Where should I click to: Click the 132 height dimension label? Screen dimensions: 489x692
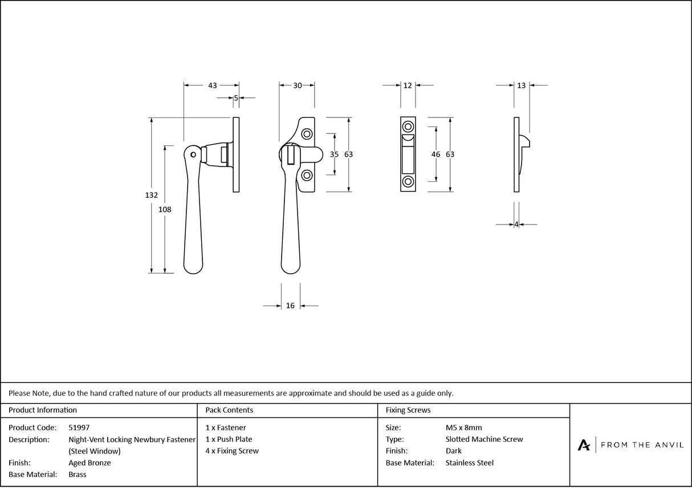coord(151,195)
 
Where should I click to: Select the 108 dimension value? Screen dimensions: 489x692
coord(165,209)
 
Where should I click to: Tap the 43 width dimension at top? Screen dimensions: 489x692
coord(212,85)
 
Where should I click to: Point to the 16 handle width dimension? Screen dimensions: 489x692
coord(290,306)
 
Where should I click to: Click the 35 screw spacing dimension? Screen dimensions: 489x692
coord(335,154)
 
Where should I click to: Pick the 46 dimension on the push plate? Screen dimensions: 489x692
coord(436,154)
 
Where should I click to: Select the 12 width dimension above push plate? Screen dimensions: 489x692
coord(408,85)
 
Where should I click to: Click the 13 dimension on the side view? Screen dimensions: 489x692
coord(522,85)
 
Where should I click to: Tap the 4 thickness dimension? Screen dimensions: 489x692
coord(516,225)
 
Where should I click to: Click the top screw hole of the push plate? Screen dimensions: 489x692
coord(408,127)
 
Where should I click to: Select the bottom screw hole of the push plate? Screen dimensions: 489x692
coord(408,182)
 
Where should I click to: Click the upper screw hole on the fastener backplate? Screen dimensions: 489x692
coord(307,134)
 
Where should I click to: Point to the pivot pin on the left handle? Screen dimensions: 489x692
coord(194,154)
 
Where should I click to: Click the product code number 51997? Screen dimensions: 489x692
coord(79,427)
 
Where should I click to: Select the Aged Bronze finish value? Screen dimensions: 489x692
coord(89,463)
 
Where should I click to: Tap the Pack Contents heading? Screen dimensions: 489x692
coord(229,410)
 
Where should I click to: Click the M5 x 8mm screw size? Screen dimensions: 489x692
coord(463,427)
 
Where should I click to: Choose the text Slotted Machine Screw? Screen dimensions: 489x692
coord(484,439)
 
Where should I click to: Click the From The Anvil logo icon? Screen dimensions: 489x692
coord(584,445)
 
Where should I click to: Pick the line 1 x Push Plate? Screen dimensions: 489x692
coord(229,439)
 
